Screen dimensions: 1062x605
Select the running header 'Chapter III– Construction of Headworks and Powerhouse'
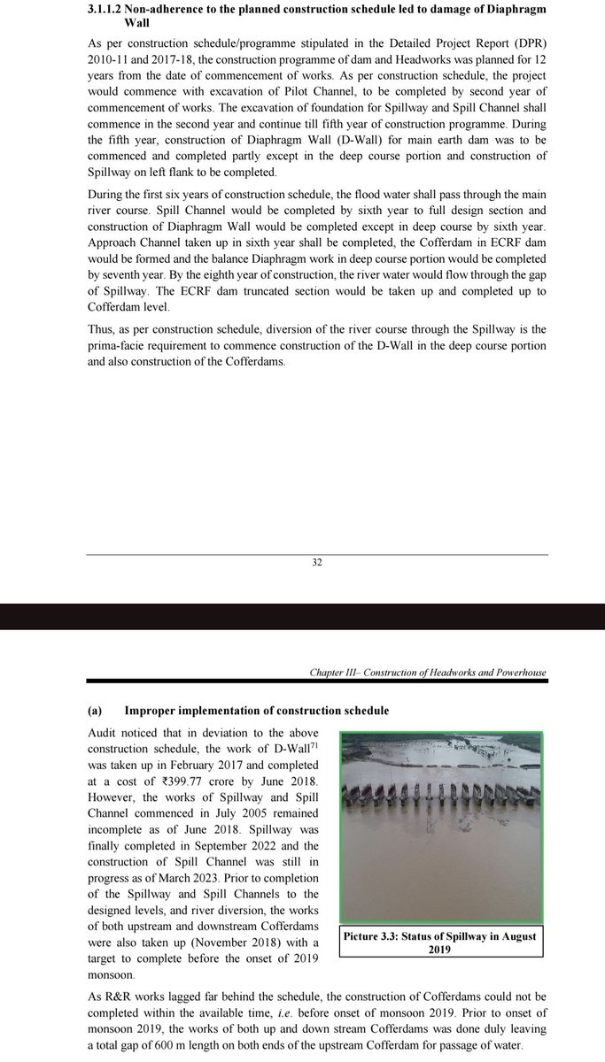(428, 672)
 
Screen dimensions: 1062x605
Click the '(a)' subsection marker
(96, 711)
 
